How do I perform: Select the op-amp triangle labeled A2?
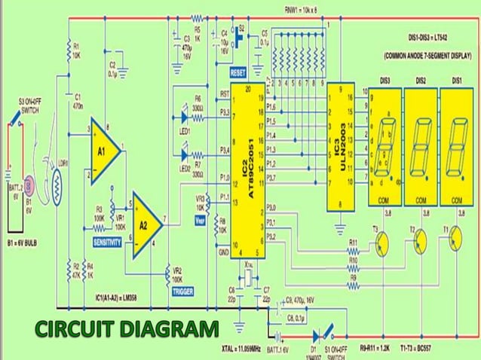(144, 224)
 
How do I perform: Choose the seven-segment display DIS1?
(456, 146)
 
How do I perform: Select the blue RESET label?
(239, 74)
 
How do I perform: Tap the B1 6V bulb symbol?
(29, 185)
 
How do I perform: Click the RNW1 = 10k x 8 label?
(305, 10)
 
